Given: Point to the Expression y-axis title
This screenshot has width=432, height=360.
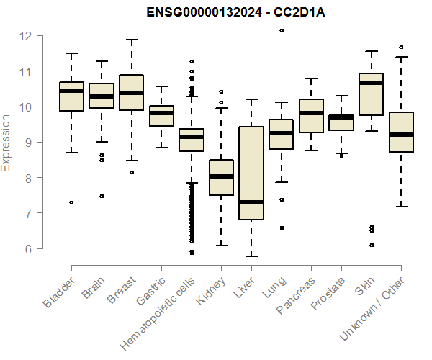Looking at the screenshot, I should (x=6, y=143).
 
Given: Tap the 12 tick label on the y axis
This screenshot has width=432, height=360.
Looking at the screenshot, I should (x=25, y=36).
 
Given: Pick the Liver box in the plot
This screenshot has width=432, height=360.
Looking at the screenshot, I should (x=251, y=173).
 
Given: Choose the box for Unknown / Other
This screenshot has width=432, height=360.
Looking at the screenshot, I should (x=401, y=132).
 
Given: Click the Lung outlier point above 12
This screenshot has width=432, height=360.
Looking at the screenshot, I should (x=282, y=30).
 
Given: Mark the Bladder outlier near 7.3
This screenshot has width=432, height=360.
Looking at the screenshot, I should (x=71, y=203).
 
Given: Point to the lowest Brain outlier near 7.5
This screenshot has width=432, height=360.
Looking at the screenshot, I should (x=102, y=196).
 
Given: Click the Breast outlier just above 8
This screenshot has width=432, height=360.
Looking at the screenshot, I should (x=131, y=173).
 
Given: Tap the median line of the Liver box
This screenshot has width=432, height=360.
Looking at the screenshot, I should (x=251, y=202).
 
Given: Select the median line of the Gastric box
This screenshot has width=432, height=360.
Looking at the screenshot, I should (x=161, y=113).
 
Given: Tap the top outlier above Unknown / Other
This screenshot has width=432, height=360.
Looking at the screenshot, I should (x=401, y=47).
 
